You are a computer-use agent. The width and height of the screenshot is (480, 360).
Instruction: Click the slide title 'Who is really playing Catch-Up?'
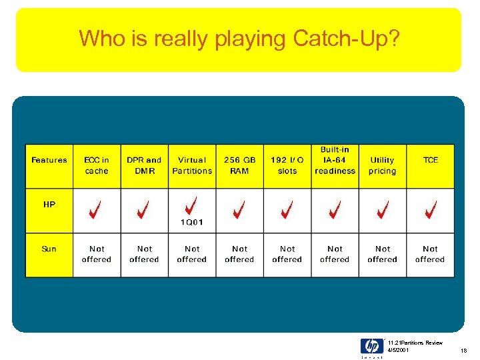[x=239, y=39]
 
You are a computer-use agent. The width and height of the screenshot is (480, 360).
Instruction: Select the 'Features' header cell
[x=49, y=160]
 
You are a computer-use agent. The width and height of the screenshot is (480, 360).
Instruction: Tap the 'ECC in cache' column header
[x=97, y=165]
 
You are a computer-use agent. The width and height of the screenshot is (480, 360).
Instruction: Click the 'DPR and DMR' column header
[x=144, y=165]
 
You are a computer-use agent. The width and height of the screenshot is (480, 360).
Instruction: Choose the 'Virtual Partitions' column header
[x=192, y=165]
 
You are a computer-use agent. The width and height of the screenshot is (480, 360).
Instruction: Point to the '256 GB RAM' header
[x=239, y=165]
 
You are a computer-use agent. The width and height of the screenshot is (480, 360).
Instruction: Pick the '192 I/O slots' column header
[x=287, y=165]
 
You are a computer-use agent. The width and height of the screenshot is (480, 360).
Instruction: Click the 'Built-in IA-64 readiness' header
[x=335, y=160]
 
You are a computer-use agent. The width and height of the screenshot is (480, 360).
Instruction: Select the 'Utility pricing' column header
[x=382, y=165]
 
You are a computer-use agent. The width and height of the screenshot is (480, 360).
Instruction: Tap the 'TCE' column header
[x=431, y=160]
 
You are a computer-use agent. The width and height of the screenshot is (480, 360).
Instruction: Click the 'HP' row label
[x=49, y=205]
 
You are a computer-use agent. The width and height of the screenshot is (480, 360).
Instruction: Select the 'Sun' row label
[x=49, y=249]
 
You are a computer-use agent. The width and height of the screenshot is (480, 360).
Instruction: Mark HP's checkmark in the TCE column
[x=430, y=210]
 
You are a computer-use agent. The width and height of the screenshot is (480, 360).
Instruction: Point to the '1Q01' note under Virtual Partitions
[x=192, y=223]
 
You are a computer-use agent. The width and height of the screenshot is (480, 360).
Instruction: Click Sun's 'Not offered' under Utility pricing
[x=382, y=254]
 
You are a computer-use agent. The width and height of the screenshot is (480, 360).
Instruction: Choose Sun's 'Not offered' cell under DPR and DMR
[x=144, y=254]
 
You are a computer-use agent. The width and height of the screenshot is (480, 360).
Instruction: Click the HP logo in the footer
[x=371, y=346]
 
